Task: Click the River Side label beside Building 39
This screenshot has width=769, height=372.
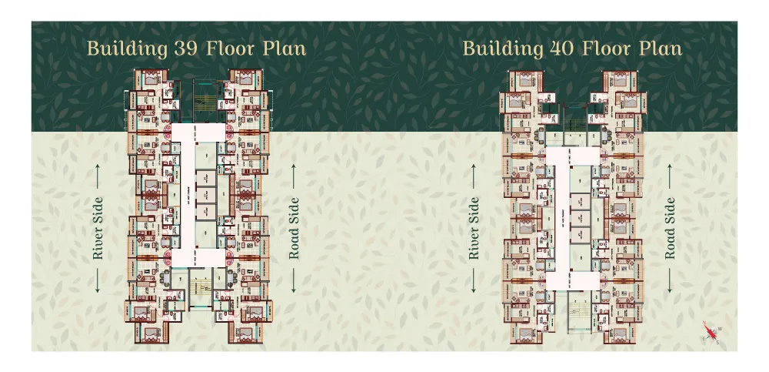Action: point(98,228)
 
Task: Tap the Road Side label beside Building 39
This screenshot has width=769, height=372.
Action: point(294,228)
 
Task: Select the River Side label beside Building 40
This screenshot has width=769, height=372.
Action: point(474,228)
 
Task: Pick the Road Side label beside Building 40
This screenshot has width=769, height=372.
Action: point(671,228)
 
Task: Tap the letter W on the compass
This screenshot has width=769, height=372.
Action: point(721,329)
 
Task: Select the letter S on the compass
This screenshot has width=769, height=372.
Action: point(717,342)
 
